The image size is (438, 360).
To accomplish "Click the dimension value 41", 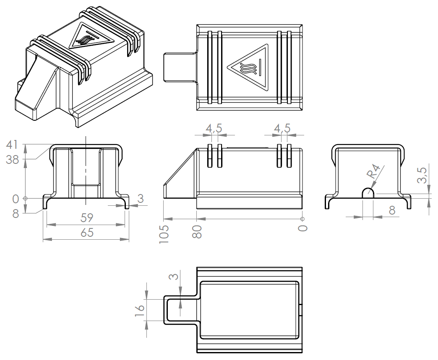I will pyautogui.click(x=12, y=145).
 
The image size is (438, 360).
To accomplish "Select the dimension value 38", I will pyautogui.click(x=12, y=160).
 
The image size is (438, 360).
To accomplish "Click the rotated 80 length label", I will pyautogui.click(x=197, y=231).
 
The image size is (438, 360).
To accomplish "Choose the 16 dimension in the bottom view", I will pyautogui.click(x=140, y=310).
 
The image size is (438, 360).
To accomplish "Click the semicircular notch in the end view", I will pyautogui.click(x=368, y=193).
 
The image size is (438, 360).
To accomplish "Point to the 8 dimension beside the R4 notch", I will pyautogui.click(x=392, y=210).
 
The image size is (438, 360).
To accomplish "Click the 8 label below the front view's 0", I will pyautogui.click(x=16, y=213).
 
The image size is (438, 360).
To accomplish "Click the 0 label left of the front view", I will pyautogui.click(x=16, y=198).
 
